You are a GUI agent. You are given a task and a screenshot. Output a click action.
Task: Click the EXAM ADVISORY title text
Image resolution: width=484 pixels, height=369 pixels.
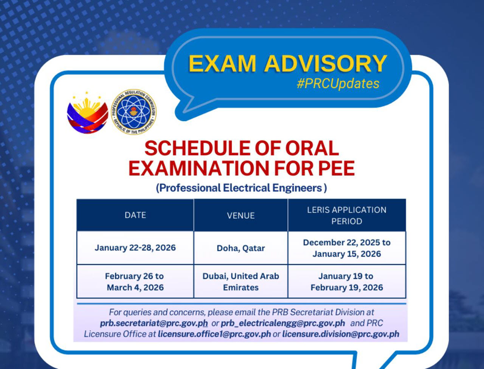coord(287,63)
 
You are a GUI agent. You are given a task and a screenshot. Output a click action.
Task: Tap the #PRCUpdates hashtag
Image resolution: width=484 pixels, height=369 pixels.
coord(338,84)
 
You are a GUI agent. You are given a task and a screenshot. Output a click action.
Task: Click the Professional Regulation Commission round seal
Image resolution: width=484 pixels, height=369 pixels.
coord(134,112)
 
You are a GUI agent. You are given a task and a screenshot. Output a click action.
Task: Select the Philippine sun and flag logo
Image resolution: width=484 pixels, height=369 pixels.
coord(87,113)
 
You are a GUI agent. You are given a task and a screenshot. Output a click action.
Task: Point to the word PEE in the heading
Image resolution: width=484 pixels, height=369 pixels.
coord(335,168)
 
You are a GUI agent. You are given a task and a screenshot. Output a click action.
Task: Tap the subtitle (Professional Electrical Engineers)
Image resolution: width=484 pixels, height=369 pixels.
coord(241,188)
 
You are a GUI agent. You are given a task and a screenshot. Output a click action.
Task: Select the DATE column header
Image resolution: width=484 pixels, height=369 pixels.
coord(135,215)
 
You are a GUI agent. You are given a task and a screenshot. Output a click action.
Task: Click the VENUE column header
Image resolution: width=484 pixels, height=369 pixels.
coord(241,216)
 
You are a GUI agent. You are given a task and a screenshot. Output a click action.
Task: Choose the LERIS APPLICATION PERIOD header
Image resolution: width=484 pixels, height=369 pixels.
coord(347,216)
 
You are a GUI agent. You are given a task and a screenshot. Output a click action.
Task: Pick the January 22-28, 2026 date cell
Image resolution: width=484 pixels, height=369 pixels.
coord(135,248)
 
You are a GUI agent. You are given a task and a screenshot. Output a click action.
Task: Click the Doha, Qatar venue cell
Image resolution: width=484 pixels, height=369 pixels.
coord(241,248)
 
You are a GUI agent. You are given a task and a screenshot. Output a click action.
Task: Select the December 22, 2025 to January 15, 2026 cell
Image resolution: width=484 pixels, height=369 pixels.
coord(347,248)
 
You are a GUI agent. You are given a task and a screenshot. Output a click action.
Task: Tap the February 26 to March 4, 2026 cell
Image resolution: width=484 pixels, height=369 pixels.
coord(135,281)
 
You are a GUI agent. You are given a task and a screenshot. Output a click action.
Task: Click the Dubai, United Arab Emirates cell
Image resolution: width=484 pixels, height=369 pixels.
coord(241,281)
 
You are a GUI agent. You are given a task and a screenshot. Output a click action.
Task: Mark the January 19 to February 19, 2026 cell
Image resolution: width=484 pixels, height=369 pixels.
coord(347,281)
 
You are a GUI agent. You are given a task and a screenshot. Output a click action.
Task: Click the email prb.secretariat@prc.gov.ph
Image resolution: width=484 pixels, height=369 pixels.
coord(154,323)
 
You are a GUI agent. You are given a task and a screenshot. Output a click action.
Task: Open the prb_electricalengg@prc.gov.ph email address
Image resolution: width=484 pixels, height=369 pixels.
coord(283,323)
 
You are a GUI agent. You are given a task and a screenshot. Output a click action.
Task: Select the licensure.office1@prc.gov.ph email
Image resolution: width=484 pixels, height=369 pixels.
coord(214,334)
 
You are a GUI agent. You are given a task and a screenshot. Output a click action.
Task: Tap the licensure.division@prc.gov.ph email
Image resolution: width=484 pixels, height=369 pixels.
coord(341,334)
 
